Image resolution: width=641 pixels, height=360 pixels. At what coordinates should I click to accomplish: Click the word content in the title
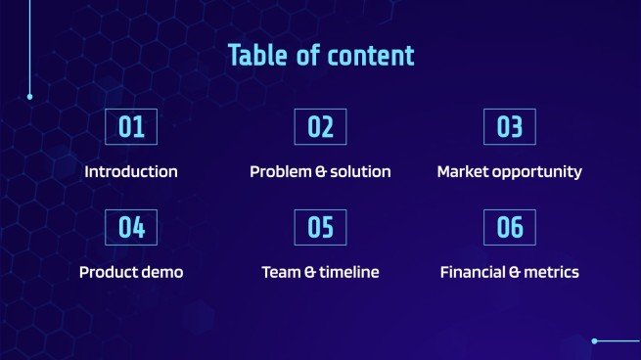(x=373, y=56)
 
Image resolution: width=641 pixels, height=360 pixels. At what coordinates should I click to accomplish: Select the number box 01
(x=131, y=127)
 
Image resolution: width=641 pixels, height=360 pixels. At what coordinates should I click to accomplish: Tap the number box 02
(x=320, y=127)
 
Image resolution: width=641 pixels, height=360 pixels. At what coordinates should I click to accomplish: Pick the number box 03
(x=510, y=127)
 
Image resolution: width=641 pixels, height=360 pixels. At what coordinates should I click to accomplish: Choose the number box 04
(x=131, y=228)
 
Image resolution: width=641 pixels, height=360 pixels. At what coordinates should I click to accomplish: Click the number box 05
(x=320, y=228)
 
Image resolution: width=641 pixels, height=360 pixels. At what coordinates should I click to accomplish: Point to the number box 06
(x=510, y=228)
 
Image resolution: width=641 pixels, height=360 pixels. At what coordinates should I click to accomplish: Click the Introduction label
(x=131, y=172)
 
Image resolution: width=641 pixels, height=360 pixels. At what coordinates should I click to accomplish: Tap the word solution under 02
(x=359, y=172)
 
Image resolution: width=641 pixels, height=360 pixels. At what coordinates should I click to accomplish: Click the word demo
(x=162, y=272)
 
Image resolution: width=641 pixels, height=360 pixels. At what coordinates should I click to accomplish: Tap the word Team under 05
(x=281, y=272)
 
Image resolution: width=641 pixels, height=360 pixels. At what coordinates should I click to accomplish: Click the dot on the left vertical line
(x=30, y=97)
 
